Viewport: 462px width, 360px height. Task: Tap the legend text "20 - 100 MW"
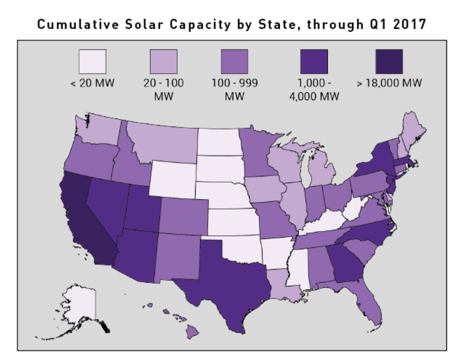(x=164, y=91)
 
